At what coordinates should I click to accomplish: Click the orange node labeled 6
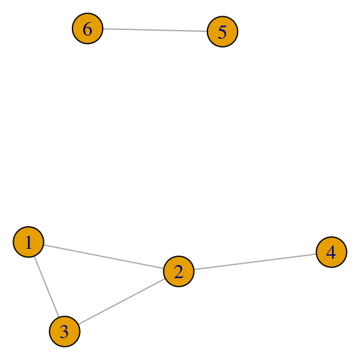coord(87,29)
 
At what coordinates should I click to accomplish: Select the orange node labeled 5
coord(222,32)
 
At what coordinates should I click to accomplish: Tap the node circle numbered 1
coord(29,242)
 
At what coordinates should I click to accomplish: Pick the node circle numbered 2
coord(179,271)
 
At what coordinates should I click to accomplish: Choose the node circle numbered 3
coord(64,331)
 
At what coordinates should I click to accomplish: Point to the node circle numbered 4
coord(331,252)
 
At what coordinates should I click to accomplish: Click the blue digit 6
coord(87,29)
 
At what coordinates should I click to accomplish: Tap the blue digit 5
coord(222,32)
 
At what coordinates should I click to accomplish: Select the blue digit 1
coord(29,242)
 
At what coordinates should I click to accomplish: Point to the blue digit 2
coord(179,272)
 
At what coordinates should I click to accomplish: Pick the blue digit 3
coord(64,332)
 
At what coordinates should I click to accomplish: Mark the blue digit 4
coord(331,252)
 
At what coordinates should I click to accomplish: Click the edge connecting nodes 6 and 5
coord(155,30)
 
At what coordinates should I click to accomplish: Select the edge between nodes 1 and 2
coord(104,257)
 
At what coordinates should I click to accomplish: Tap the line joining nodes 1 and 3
coord(47,287)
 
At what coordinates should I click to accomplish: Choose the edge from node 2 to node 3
coord(122,301)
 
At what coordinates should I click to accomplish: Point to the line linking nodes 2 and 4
coord(255,262)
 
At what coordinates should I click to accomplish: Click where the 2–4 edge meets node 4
coord(316,254)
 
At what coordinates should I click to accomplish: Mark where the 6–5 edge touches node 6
coord(103,29)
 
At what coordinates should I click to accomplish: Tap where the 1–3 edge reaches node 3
coord(59,317)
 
